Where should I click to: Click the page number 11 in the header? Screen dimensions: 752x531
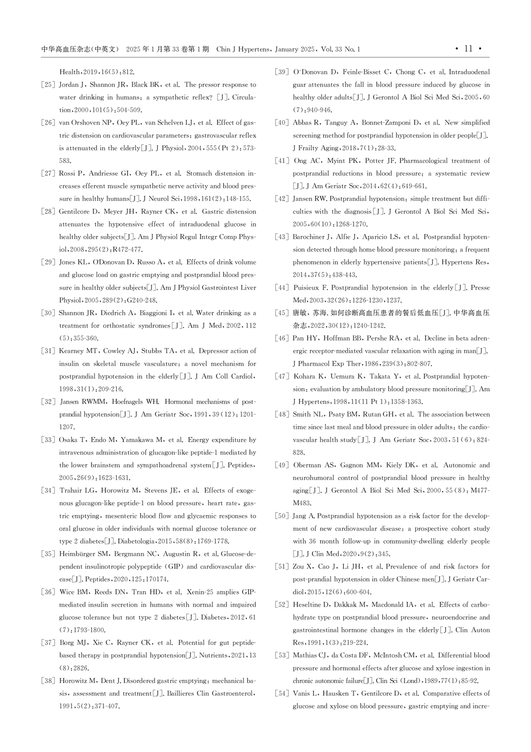click(468, 49)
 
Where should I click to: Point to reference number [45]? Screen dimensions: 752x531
click(282, 313)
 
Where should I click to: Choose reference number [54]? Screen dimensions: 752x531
click(282, 693)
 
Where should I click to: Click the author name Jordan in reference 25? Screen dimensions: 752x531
click(69, 85)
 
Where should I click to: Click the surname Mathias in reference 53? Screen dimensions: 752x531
click(305, 655)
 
